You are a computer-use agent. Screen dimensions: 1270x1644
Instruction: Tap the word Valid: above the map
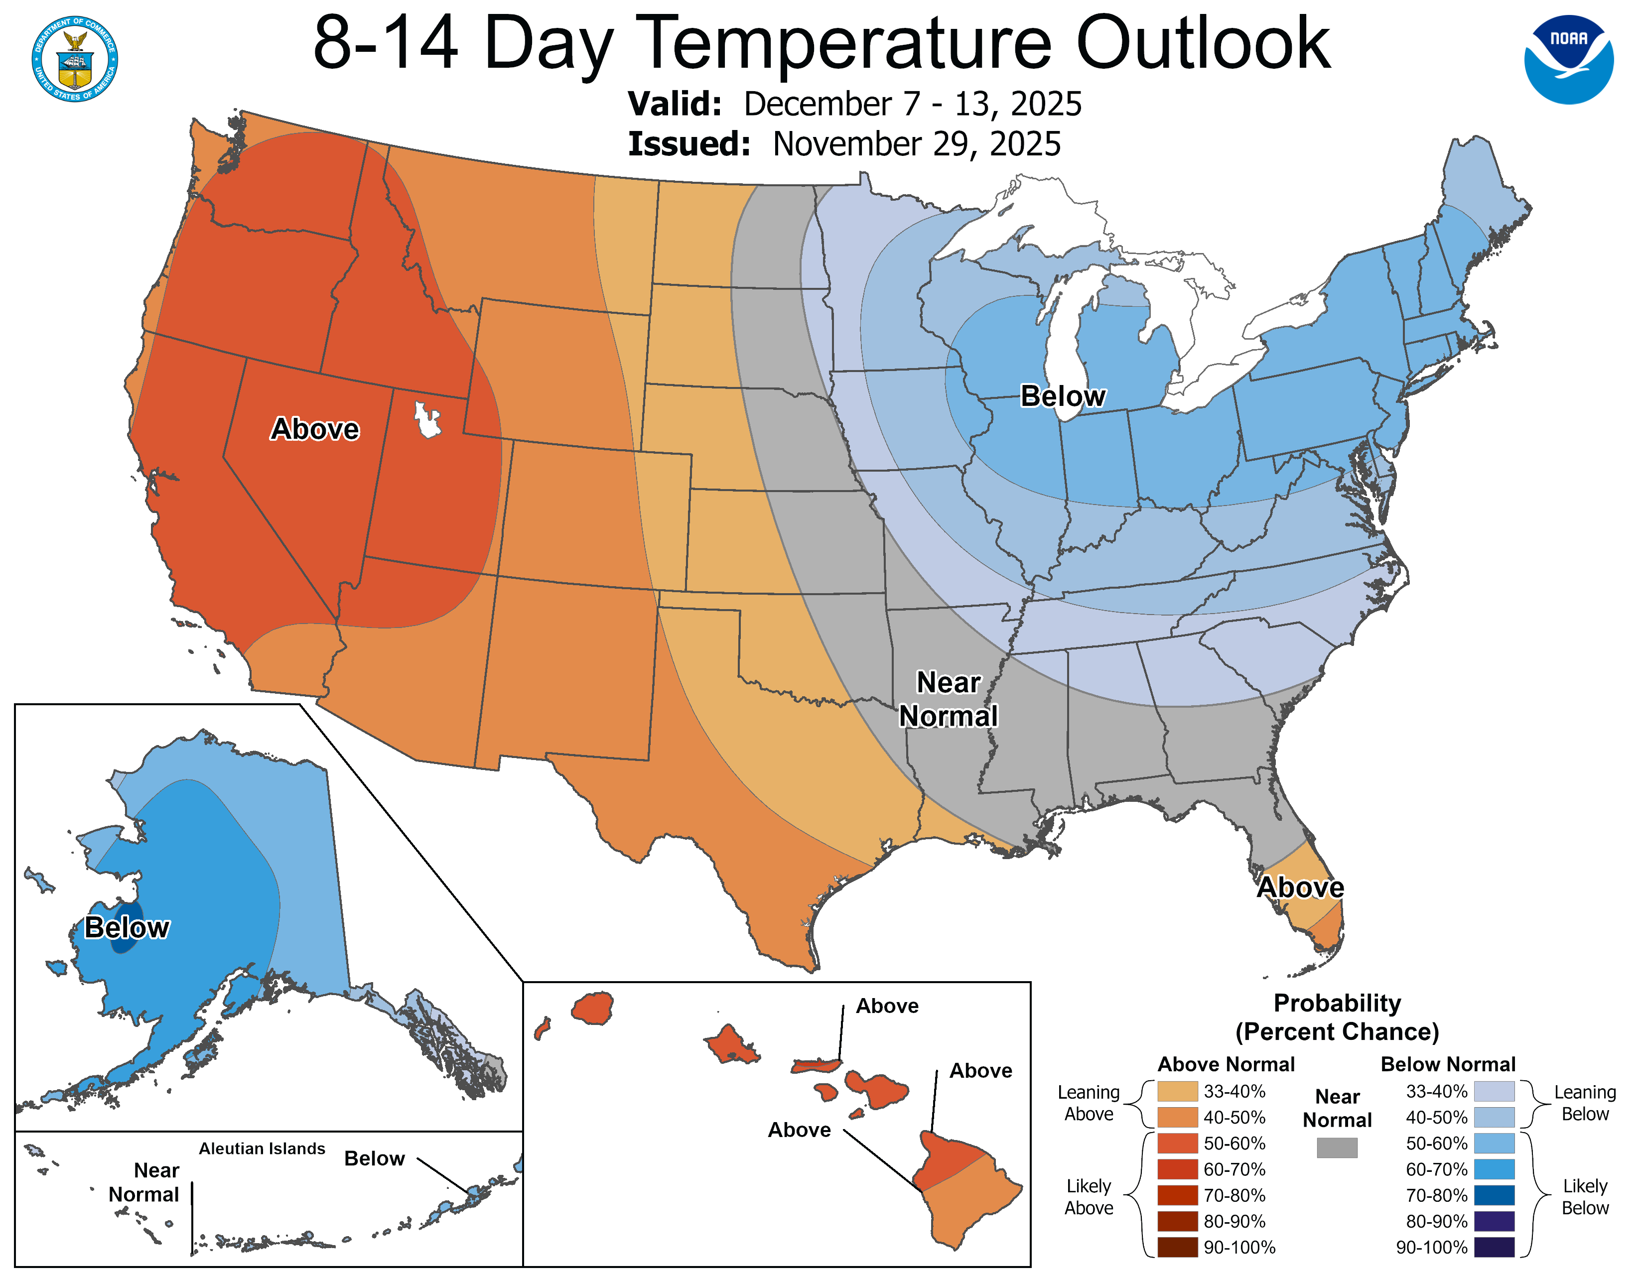(675, 104)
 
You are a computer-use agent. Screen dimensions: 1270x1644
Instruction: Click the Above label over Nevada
(315, 429)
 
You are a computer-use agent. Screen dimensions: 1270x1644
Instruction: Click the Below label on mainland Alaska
(127, 928)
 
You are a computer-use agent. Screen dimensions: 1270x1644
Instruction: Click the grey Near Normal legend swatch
(1337, 1147)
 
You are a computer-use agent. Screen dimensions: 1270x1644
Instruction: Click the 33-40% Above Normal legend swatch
(1177, 1091)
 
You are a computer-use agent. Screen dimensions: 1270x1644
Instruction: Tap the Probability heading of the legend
(1337, 1003)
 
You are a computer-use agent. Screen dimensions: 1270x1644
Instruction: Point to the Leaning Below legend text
(1585, 1103)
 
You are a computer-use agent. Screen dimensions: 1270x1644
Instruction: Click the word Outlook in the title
(1203, 44)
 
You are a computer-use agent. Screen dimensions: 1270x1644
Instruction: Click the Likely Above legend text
(1089, 1197)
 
